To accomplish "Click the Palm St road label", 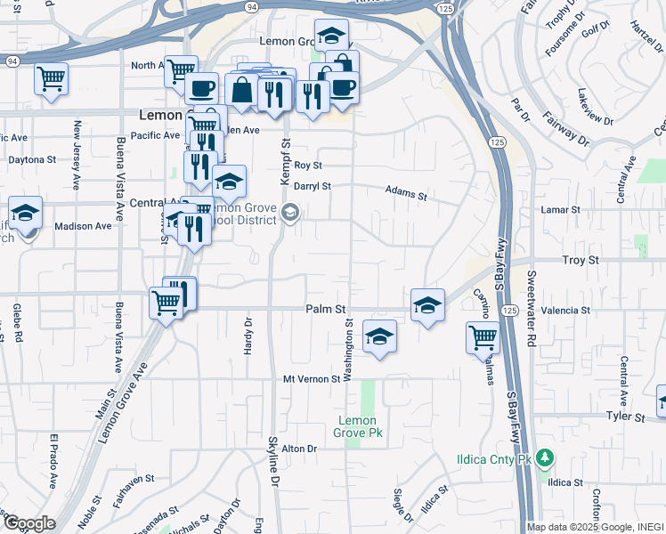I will (x=325, y=309).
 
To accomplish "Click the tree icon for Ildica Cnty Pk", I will (x=545, y=458).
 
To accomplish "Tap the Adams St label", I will (x=406, y=191).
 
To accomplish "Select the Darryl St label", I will (x=313, y=187).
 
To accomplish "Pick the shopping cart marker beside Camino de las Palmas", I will (x=482, y=337).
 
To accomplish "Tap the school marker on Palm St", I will (x=427, y=305).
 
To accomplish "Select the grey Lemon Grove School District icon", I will (x=290, y=212).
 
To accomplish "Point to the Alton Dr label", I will (x=299, y=449).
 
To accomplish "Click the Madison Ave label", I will (x=83, y=226).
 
